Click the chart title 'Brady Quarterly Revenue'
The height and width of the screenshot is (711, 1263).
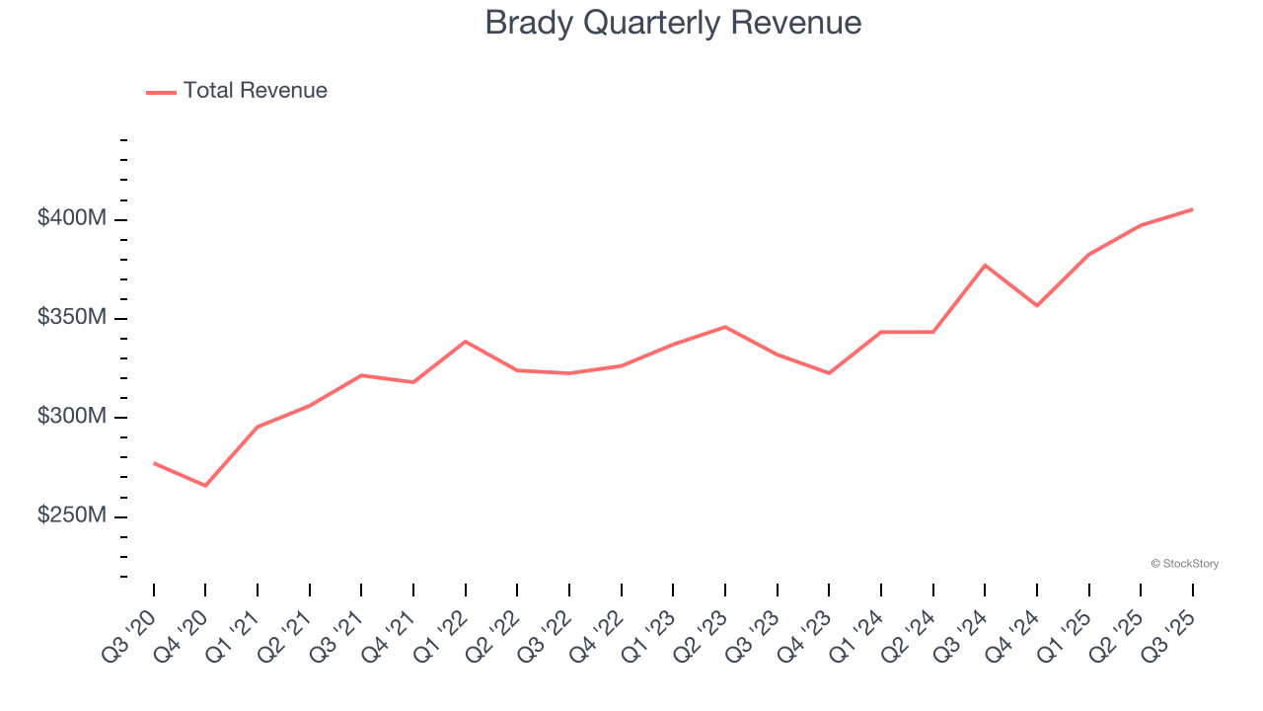pos(673,23)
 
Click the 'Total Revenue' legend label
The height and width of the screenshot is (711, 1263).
pos(255,91)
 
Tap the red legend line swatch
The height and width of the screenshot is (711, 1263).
pos(161,92)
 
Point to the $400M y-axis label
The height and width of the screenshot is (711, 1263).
pos(71,218)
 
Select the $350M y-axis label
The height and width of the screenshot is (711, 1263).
pos(71,318)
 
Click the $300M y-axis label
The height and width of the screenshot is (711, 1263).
pos(71,417)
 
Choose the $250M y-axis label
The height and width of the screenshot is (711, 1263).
pos(71,516)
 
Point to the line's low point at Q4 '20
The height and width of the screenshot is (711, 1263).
pos(205,486)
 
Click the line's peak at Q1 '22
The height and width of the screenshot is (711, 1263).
pos(465,342)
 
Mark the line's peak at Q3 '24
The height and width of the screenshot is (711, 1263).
pos(985,265)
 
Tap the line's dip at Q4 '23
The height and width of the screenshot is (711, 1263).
pos(829,373)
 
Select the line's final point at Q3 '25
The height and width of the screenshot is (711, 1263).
pos(1192,209)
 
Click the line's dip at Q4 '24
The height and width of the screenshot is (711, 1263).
pos(1037,305)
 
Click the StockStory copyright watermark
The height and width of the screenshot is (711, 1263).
pos(1184,564)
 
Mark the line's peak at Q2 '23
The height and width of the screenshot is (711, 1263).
pos(725,327)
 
